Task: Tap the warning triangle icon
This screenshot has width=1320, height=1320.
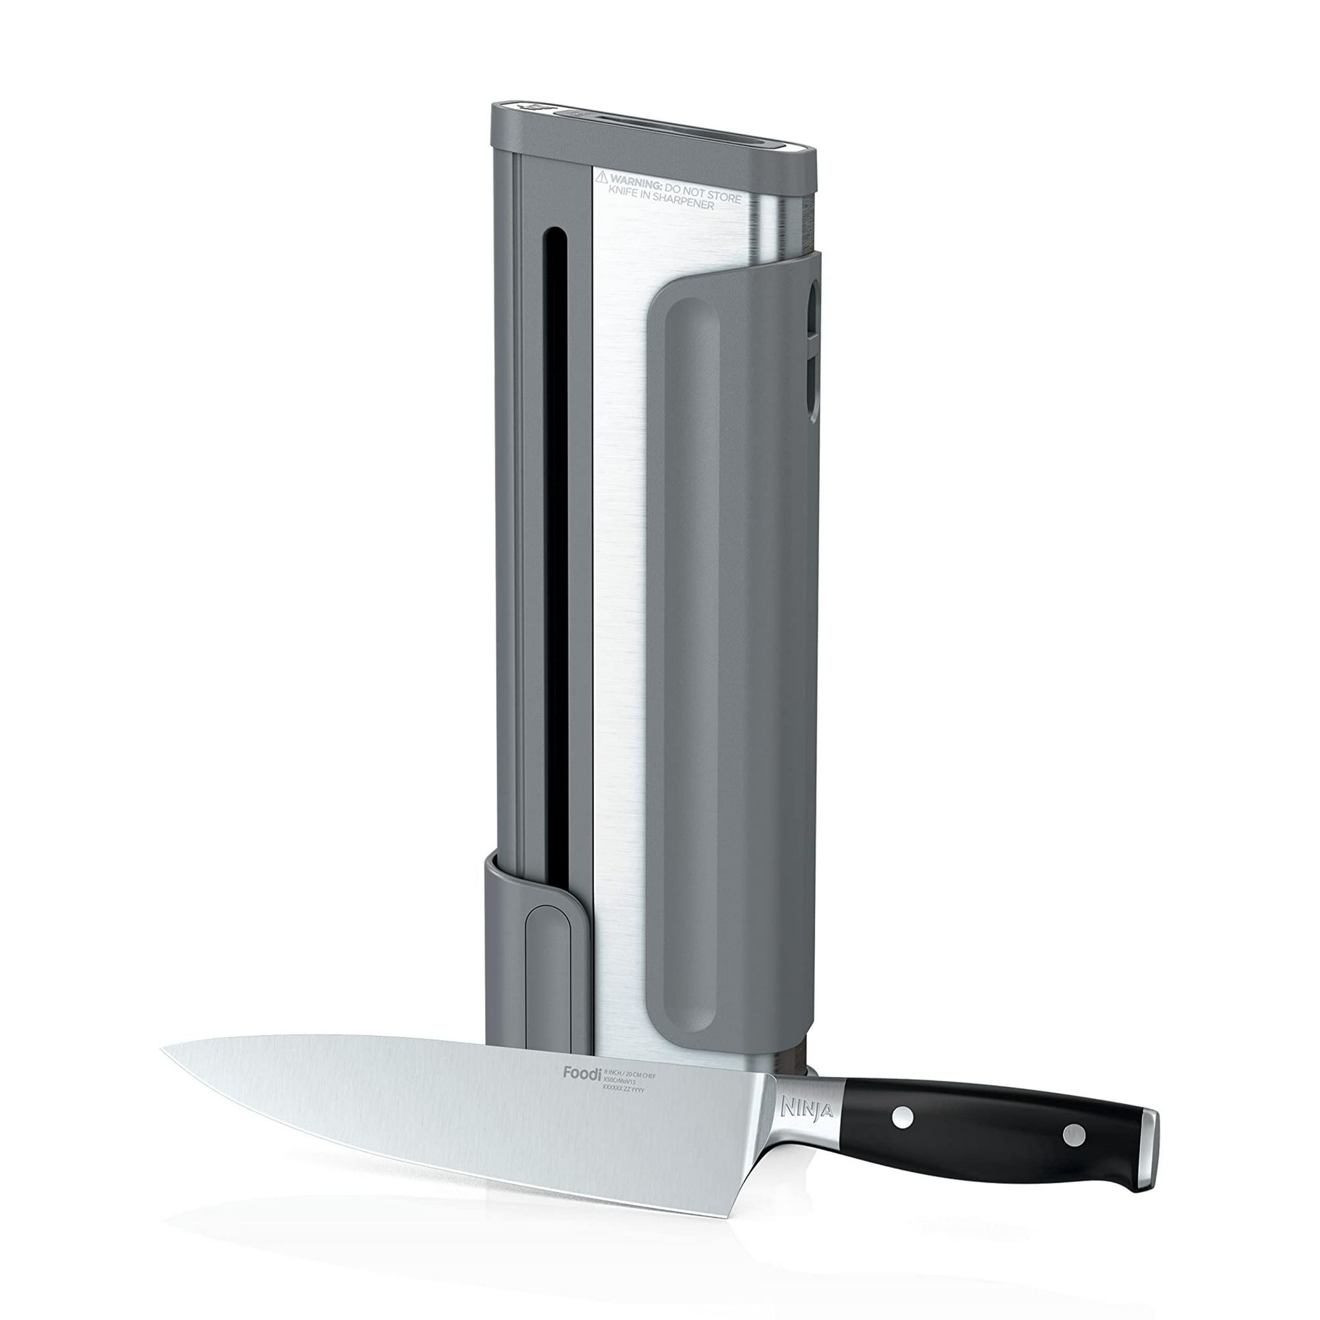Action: pyautogui.click(x=601, y=178)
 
